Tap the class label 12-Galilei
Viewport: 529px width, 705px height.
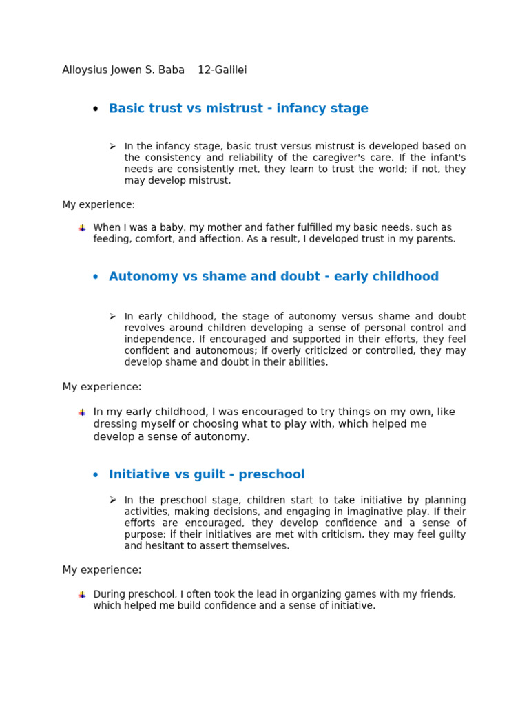[x=222, y=70]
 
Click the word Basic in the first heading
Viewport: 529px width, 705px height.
[x=127, y=108]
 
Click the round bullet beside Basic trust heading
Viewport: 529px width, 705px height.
[x=95, y=109]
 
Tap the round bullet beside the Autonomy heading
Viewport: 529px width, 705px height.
[x=95, y=277]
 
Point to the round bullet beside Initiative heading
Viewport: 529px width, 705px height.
[x=95, y=475]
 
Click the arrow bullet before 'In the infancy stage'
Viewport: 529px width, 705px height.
[x=112, y=146]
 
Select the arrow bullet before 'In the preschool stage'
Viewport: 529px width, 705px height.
[x=112, y=500]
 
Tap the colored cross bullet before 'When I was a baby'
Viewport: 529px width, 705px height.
[x=82, y=228]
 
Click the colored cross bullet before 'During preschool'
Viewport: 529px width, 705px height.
[x=82, y=595]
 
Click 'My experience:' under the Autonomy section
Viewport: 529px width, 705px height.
[x=101, y=387]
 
